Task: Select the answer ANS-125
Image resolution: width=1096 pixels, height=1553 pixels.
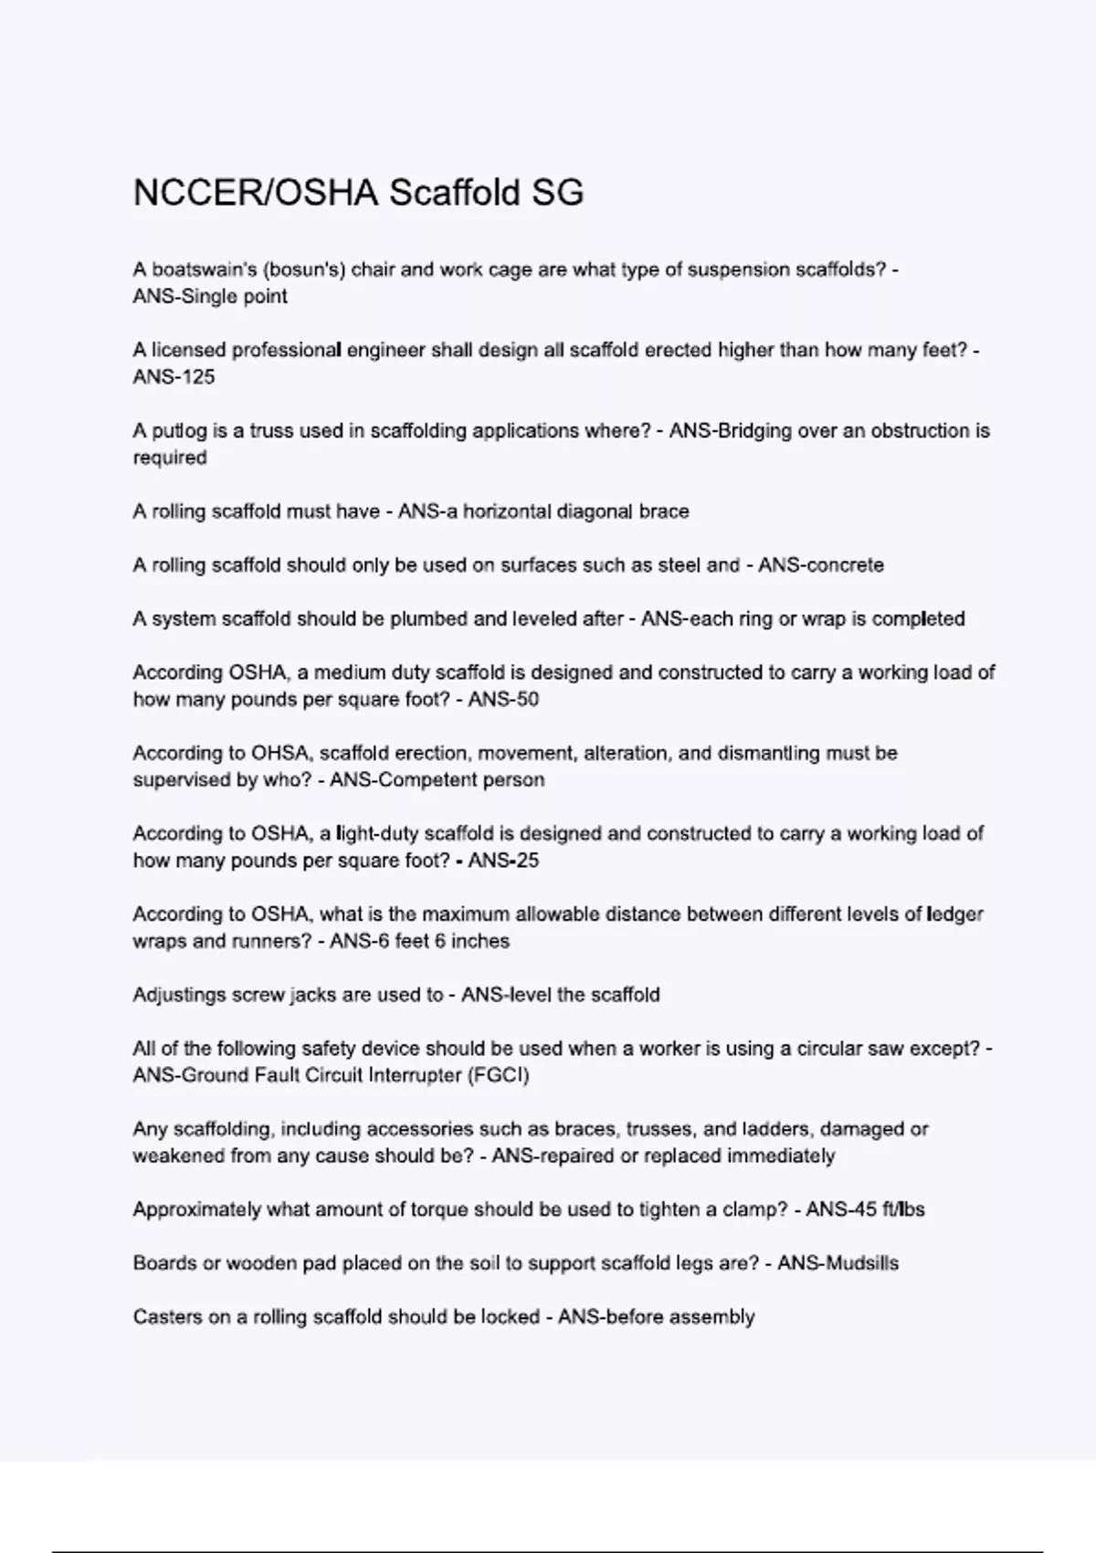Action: [x=174, y=376]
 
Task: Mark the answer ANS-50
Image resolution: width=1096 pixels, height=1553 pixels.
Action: [x=503, y=699]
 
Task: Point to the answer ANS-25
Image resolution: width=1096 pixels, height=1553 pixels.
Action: [x=503, y=860]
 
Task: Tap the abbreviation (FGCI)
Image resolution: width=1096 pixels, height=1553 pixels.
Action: [x=498, y=1074]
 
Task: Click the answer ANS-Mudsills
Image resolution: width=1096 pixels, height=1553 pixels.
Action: [x=838, y=1262]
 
